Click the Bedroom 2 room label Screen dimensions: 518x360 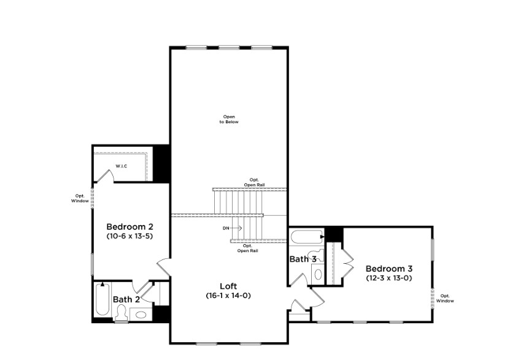(x=130, y=227)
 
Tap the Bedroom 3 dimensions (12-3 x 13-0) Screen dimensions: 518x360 (x=389, y=278)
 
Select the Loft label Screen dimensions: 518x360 (x=228, y=286)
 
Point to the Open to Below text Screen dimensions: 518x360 (x=229, y=119)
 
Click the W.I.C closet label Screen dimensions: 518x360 (x=122, y=166)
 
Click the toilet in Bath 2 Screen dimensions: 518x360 (x=122, y=312)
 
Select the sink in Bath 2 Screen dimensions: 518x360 (x=141, y=315)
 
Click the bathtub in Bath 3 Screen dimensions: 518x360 (x=307, y=237)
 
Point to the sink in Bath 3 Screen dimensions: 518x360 (x=318, y=274)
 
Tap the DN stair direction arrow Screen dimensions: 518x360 (x=236, y=228)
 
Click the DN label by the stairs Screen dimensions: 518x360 (x=226, y=228)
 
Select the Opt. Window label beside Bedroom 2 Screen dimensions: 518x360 (x=80, y=198)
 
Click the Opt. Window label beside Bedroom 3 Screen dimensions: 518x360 (x=445, y=298)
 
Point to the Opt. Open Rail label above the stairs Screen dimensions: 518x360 (x=254, y=182)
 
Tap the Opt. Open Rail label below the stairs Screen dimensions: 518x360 (x=247, y=248)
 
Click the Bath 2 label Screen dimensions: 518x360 (x=126, y=299)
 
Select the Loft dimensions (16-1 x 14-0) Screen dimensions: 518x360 (x=228, y=296)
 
